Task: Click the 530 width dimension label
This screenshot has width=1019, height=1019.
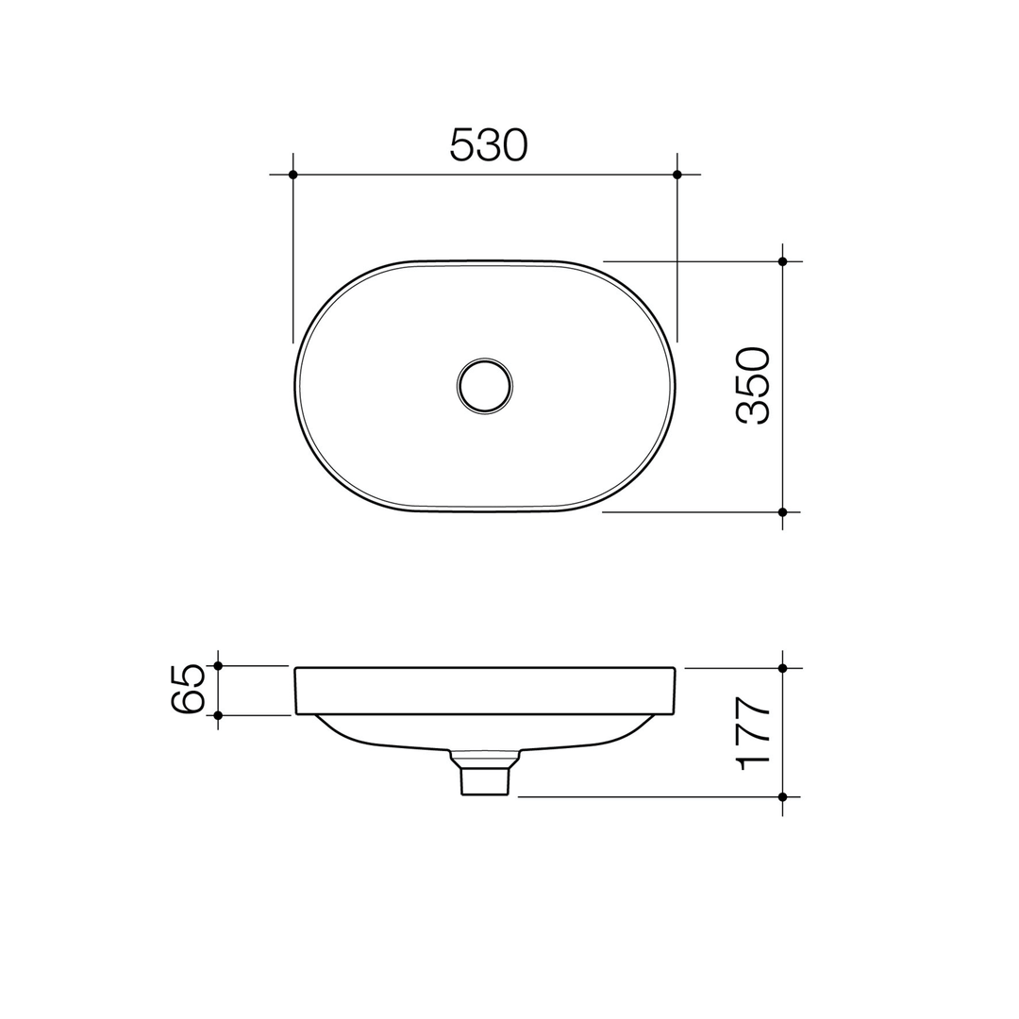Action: point(489,144)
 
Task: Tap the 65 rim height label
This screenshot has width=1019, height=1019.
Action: point(188,690)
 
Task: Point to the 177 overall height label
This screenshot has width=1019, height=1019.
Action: point(754,733)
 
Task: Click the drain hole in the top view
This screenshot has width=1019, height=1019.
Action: point(484,386)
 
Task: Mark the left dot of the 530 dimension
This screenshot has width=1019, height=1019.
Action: point(293,175)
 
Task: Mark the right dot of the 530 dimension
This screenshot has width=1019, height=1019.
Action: point(677,175)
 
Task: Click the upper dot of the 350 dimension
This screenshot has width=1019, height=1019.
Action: point(782,261)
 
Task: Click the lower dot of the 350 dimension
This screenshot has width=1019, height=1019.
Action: point(782,512)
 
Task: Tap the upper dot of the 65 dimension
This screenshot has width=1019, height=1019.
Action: point(218,666)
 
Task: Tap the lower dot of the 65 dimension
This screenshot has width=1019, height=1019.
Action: point(218,715)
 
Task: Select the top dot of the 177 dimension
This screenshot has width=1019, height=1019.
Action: point(782,668)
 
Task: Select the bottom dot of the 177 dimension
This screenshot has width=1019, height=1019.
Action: point(782,797)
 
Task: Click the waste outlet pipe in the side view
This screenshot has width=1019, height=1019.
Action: point(485,780)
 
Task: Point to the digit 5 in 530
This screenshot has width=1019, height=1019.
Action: point(461,144)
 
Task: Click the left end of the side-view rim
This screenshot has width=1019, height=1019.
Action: point(297,691)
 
